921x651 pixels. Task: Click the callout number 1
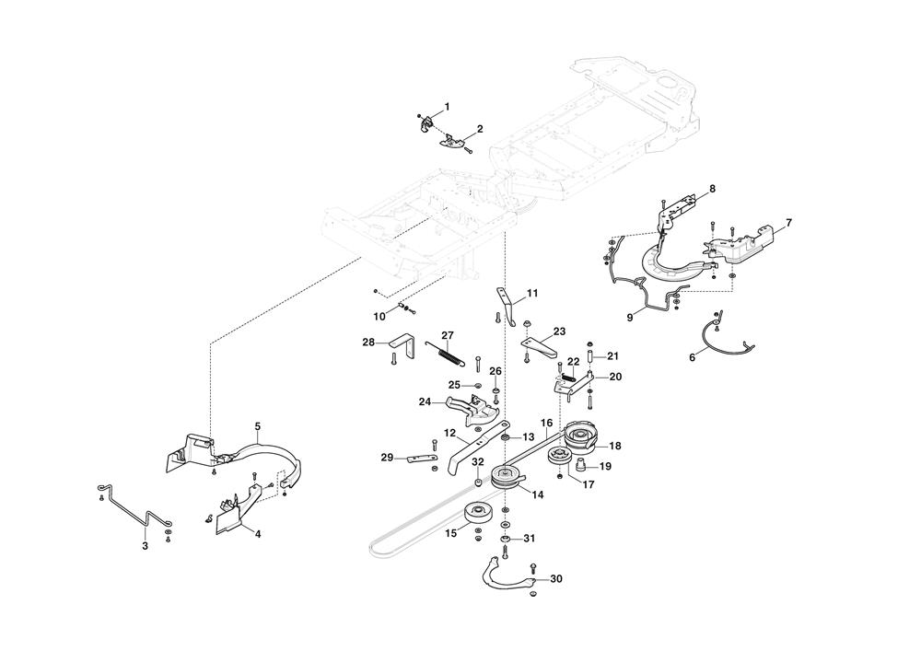tap(447, 107)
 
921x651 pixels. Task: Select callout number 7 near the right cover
tap(788, 224)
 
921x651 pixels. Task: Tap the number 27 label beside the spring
tap(448, 334)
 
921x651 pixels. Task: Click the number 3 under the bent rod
tap(145, 546)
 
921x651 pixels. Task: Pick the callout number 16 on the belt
tap(546, 424)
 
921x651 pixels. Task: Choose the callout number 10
tap(379, 316)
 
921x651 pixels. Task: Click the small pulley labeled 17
tap(558, 458)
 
